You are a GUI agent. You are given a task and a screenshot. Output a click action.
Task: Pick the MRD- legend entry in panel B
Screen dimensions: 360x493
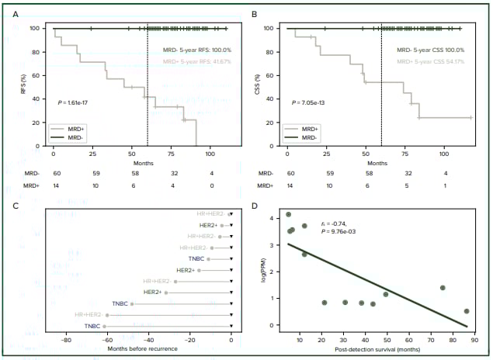click(311, 137)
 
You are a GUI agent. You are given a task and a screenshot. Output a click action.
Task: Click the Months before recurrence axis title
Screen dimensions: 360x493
click(143, 348)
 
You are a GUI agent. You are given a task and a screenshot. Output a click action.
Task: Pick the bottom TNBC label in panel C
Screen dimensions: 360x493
click(93, 327)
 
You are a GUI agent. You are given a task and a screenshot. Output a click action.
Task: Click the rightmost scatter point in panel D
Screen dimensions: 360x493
click(467, 311)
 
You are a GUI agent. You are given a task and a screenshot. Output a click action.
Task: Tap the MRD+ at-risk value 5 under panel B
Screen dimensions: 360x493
click(410, 185)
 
